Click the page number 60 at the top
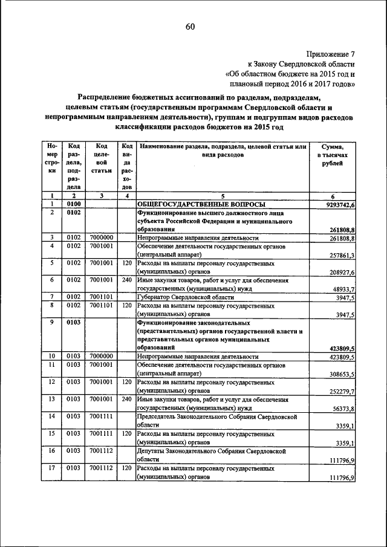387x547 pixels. (x=190, y=26)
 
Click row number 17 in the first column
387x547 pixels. (x=53, y=468)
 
